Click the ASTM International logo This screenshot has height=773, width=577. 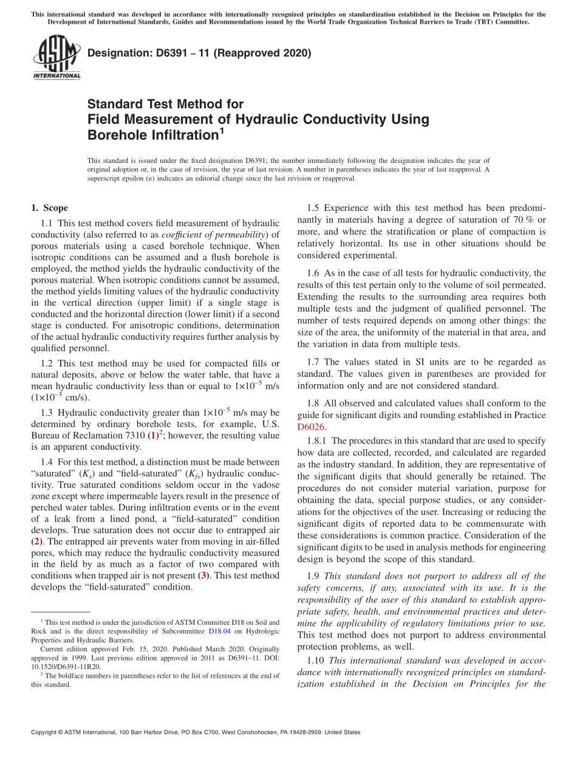tap(56, 58)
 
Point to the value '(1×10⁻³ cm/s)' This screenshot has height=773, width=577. tap(60, 397)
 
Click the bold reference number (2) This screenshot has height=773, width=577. tap(37, 540)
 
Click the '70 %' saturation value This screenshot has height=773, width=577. tap(517, 219)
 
